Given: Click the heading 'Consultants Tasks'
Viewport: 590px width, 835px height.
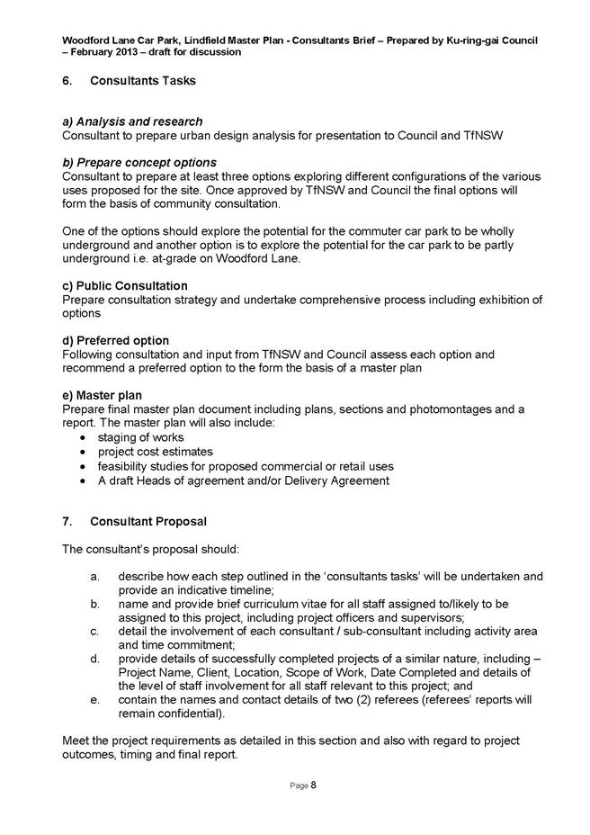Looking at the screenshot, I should [143, 82].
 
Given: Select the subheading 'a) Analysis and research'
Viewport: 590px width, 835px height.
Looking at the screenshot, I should [132, 121].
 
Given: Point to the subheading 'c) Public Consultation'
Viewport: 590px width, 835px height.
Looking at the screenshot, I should [125, 286].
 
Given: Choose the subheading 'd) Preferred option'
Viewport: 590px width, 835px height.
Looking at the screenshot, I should [116, 341].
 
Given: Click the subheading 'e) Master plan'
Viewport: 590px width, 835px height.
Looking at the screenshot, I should [103, 395].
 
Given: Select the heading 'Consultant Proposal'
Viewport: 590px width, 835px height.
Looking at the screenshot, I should [148, 521].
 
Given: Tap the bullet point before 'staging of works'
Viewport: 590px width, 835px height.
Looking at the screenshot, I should [84, 437].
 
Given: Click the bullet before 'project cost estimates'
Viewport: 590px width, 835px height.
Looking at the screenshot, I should [84, 452].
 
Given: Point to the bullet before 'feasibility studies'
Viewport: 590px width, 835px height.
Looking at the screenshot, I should [84, 466].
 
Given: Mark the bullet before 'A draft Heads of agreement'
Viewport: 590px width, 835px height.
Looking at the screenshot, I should [84, 480].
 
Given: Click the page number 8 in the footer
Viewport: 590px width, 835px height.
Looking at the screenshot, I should [314, 786].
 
